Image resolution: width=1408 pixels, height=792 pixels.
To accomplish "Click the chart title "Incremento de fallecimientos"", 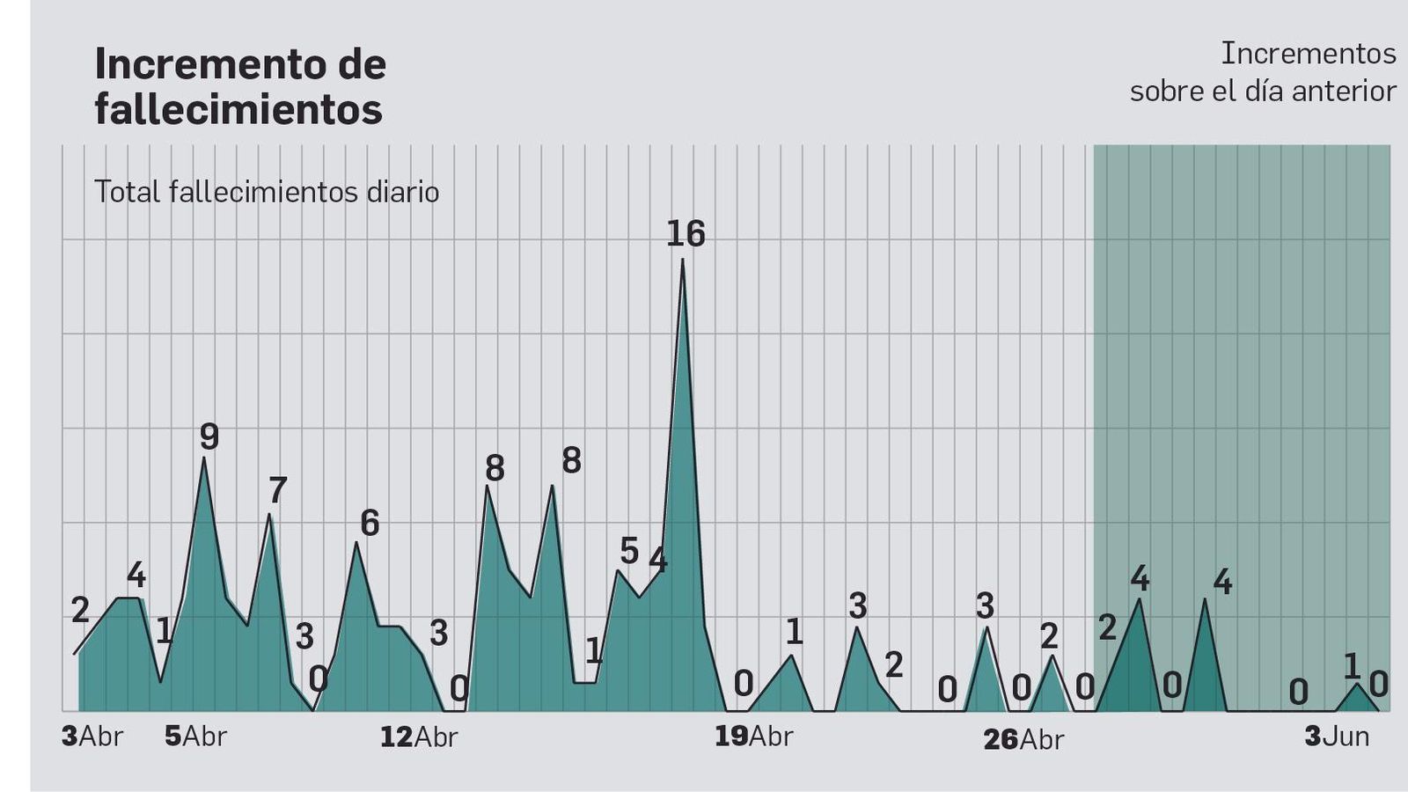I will [x=239, y=86].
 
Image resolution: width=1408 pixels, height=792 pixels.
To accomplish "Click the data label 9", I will [x=209, y=436].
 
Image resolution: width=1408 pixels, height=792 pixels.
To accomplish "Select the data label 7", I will [x=277, y=490].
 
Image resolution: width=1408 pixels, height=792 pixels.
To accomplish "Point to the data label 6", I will [x=370, y=524].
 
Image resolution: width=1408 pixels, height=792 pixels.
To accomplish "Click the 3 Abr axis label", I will [x=92, y=737].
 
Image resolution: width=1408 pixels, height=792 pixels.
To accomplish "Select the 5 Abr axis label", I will [x=195, y=737].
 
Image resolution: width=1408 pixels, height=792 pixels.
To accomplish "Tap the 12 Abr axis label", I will [x=419, y=737].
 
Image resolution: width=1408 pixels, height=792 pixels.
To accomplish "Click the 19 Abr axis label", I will [x=753, y=737].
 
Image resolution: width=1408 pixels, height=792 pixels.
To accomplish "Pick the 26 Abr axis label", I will [x=1023, y=739].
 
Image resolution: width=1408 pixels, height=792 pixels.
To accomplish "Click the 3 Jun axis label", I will [x=1337, y=737].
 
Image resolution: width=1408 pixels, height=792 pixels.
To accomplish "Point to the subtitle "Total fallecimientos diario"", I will [x=267, y=192].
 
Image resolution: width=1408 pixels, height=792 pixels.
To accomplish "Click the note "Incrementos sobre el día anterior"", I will [x=1263, y=72].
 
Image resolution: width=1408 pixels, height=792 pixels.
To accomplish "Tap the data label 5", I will [x=628, y=552].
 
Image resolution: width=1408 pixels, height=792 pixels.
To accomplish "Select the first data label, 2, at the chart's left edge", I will [x=80, y=610].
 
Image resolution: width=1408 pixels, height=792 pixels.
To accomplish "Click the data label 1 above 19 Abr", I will [x=794, y=632].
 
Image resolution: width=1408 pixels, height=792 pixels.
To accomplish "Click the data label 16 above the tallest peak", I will [x=686, y=234].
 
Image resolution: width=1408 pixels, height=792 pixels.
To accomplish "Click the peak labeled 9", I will [x=204, y=460].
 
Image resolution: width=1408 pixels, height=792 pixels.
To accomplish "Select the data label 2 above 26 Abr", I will [x=1049, y=635].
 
